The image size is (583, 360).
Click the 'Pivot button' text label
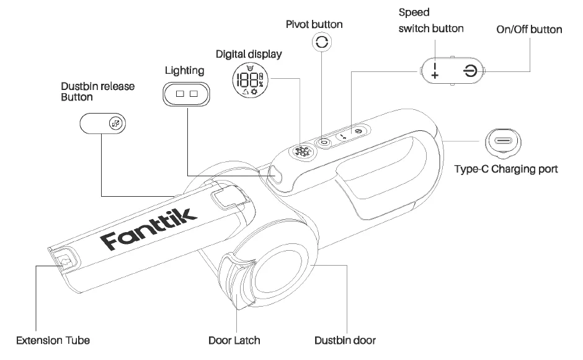[314, 24]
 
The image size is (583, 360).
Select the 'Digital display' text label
[249, 54]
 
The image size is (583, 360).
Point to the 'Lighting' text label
[184, 70]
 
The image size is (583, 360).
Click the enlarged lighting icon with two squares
[186, 94]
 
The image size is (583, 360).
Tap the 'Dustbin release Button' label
[98, 91]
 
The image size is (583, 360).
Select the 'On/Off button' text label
[530, 29]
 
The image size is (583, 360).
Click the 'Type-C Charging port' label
[506, 168]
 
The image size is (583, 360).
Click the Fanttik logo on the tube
[150, 228]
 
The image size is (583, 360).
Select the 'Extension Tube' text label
[53, 340]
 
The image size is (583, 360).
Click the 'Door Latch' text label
[234, 340]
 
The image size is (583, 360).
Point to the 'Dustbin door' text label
[345, 340]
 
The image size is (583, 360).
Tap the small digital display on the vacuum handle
[302, 151]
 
